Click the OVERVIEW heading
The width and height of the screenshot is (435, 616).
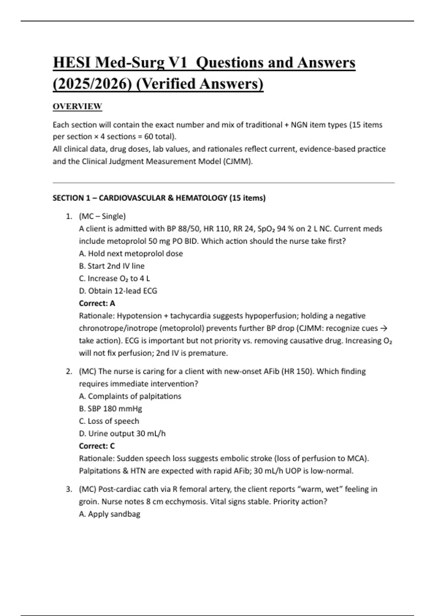click(x=77, y=107)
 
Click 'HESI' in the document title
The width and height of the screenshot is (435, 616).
click(x=71, y=63)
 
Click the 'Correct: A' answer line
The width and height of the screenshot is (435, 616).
click(x=97, y=303)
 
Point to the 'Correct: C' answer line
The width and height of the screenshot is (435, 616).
click(x=97, y=446)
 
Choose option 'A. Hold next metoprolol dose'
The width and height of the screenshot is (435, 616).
click(x=131, y=254)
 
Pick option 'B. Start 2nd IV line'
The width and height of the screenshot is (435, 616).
click(x=112, y=266)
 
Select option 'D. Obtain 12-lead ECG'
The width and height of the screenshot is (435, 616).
click(x=118, y=291)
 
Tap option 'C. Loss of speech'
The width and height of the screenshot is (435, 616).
click(x=109, y=421)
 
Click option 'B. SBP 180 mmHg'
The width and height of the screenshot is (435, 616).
click(x=111, y=409)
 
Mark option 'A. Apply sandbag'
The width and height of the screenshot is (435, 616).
click(x=109, y=514)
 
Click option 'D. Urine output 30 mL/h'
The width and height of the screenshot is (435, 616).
click(x=122, y=434)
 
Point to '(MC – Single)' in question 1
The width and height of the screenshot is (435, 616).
click(x=102, y=216)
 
